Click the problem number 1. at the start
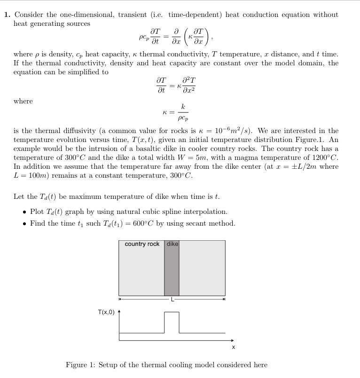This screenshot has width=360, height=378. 7,15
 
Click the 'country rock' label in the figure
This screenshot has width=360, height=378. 142,244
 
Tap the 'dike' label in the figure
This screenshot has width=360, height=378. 172,244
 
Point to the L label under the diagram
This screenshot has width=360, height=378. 172,299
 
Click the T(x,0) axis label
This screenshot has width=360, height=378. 106,312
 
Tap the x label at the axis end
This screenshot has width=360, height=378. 234,347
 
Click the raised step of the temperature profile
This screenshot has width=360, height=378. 172,313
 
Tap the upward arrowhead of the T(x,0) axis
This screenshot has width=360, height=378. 119,311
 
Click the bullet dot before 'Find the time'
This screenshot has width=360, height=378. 24,224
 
